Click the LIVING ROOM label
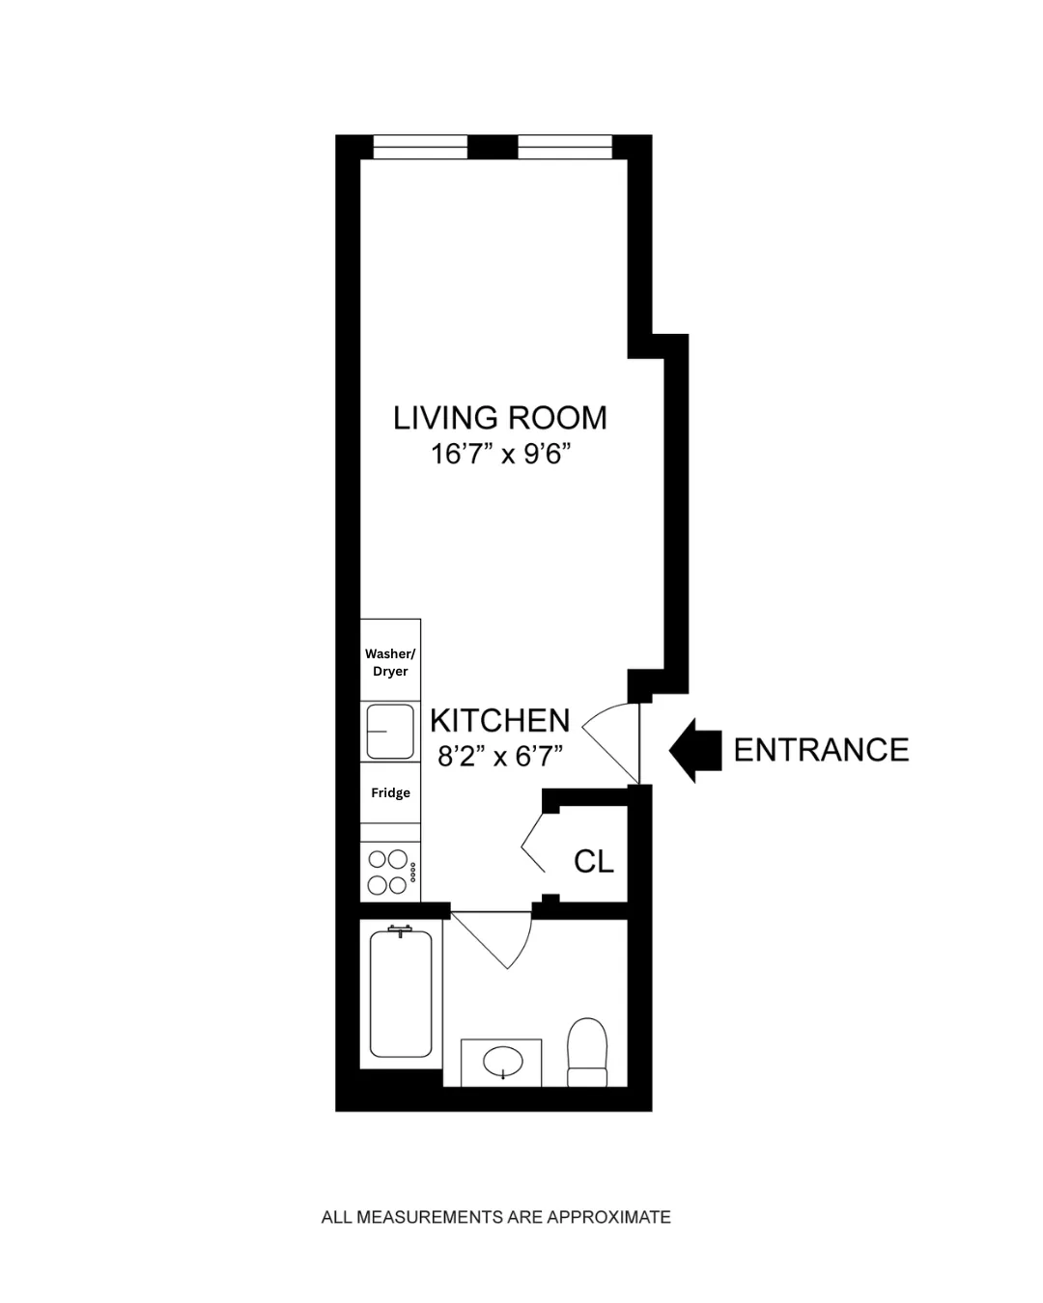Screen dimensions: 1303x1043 (x=499, y=418)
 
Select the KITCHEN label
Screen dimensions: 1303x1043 (x=499, y=721)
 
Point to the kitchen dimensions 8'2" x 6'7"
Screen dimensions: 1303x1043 (x=499, y=756)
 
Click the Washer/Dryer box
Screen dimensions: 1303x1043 (x=390, y=662)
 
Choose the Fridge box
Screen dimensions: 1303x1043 (x=390, y=792)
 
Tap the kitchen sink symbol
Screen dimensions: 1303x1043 (x=390, y=732)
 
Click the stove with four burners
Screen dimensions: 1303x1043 (x=390, y=872)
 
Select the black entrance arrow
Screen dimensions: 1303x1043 (x=695, y=750)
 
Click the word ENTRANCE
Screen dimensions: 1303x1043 (x=821, y=750)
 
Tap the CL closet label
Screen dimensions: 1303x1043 (x=593, y=861)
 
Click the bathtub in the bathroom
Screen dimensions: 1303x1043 (x=401, y=994)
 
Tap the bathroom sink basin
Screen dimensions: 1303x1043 (x=502, y=1063)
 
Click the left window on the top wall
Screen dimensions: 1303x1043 (x=420, y=148)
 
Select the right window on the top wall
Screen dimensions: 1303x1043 (x=565, y=148)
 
